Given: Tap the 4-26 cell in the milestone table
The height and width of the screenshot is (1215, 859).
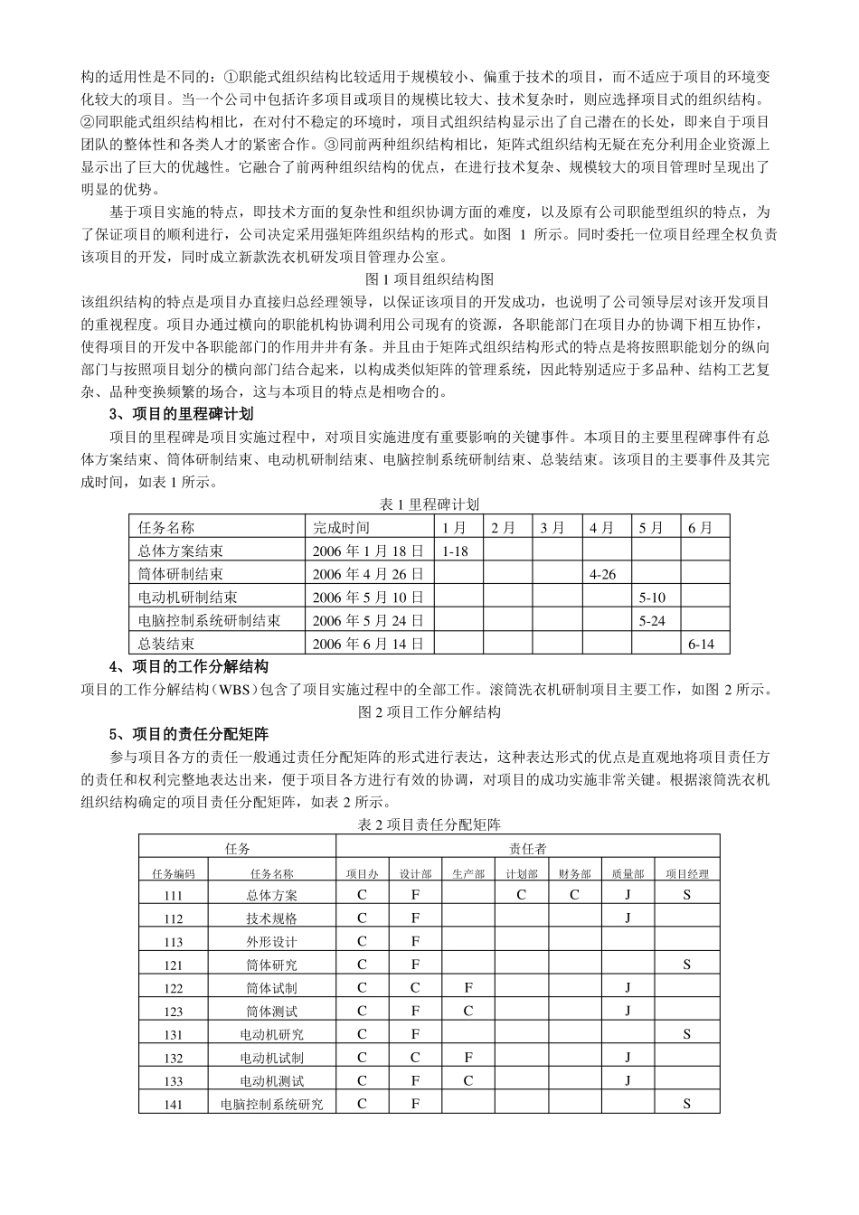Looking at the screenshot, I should point(602,574).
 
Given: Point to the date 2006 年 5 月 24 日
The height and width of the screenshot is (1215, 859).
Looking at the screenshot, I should point(367,620).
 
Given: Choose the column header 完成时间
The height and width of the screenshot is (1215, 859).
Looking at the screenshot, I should point(341,527).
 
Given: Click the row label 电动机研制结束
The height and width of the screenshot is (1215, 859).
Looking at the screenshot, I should point(187,597).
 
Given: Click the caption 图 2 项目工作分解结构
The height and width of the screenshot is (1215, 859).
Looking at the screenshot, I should point(429,711).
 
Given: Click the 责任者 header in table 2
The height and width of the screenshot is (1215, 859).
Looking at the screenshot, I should point(527,848).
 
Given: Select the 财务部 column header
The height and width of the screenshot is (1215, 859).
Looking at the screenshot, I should point(574,873).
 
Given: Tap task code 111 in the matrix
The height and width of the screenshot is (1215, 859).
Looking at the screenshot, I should point(174,895).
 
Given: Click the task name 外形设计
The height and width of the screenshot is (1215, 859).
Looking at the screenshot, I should point(271,941).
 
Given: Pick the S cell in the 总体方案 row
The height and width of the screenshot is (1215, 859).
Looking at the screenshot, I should point(686,895).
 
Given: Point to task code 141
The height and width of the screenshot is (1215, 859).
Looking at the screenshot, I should point(174,1104).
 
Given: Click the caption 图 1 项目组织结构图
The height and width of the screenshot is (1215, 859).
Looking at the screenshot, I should point(429,279).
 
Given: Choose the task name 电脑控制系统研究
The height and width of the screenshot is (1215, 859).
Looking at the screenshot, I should point(271,1104).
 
